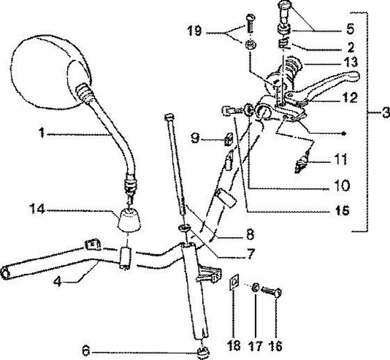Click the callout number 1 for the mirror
[x=41, y=132]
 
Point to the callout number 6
[x=84, y=349]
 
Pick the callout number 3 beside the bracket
[x=385, y=114]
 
